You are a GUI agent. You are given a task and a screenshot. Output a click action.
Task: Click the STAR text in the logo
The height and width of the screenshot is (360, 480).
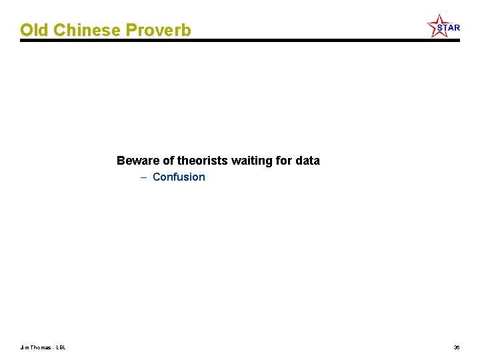[x=449, y=28]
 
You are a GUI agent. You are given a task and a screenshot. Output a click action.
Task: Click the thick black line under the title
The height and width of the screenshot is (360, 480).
[x=240, y=41]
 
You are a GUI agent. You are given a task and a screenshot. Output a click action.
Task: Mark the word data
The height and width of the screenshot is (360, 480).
[x=307, y=161]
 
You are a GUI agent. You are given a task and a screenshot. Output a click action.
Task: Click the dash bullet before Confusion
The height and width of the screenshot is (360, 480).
[x=144, y=177]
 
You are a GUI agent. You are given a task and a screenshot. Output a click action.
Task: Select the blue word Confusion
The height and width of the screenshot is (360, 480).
[x=179, y=177]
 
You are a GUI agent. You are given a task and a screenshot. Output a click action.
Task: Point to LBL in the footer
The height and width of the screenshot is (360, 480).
[x=61, y=347]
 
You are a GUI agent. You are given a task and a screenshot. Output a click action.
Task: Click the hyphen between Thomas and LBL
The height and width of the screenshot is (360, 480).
[x=53, y=347]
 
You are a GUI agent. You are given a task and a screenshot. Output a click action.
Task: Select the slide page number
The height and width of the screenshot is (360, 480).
[x=456, y=347]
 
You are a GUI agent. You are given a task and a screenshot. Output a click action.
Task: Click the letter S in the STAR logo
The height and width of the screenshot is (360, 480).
[x=441, y=28]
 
